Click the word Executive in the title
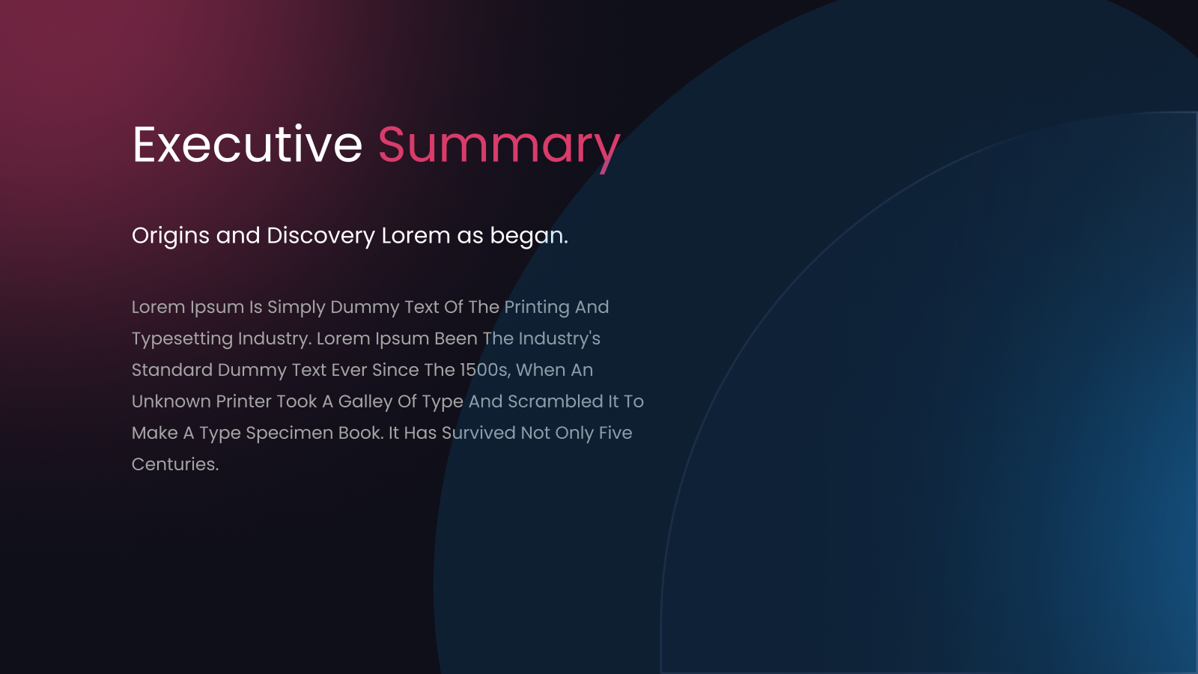click(247, 145)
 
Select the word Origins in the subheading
click(170, 237)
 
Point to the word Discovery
click(320, 237)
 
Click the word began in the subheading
click(529, 237)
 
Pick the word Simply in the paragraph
click(296, 308)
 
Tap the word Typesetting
click(183, 340)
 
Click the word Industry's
click(559, 339)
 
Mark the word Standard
click(172, 370)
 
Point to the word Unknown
click(171, 401)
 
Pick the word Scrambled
click(555, 401)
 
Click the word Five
click(615, 434)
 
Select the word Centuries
click(175, 465)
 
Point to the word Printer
click(243, 401)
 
